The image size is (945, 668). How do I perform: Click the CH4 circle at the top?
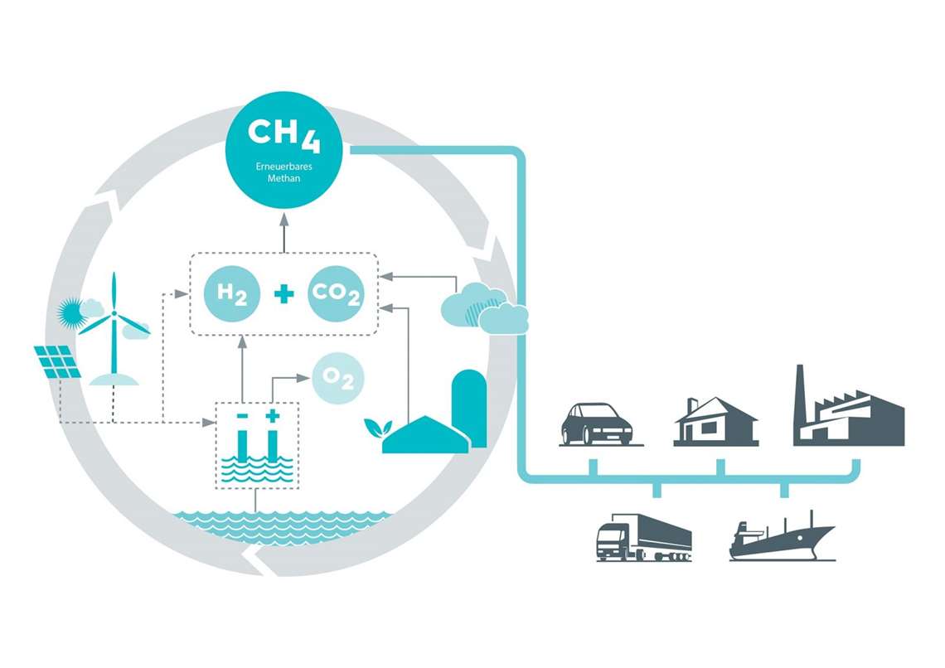tap(283, 148)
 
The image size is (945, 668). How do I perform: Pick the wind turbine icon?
tap(114, 332)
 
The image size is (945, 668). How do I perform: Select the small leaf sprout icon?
tap(378, 428)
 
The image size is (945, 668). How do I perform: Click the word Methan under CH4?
tap(283, 179)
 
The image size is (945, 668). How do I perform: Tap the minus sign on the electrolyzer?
tap(242, 414)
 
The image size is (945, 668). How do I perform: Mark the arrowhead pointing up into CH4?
tap(283, 219)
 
